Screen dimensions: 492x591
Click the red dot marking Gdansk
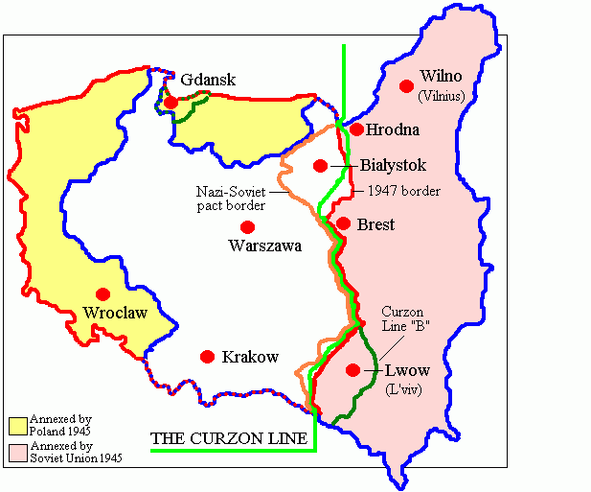point(170,103)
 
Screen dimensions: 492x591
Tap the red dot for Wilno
point(407,84)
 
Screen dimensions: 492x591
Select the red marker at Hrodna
point(356,129)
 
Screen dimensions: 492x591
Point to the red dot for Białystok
point(320,166)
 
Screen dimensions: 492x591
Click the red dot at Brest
point(343,223)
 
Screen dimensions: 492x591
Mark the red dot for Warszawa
point(248,227)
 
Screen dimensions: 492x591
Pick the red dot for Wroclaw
point(103,293)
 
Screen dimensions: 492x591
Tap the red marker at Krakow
point(207,357)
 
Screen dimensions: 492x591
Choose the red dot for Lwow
point(353,370)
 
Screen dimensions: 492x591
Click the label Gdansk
point(207,81)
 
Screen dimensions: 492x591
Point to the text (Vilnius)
point(444,95)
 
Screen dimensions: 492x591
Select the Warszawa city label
point(265,246)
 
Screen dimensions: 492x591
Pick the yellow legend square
point(16,425)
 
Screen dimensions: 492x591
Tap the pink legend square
point(16,452)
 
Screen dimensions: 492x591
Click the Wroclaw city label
point(115,313)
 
